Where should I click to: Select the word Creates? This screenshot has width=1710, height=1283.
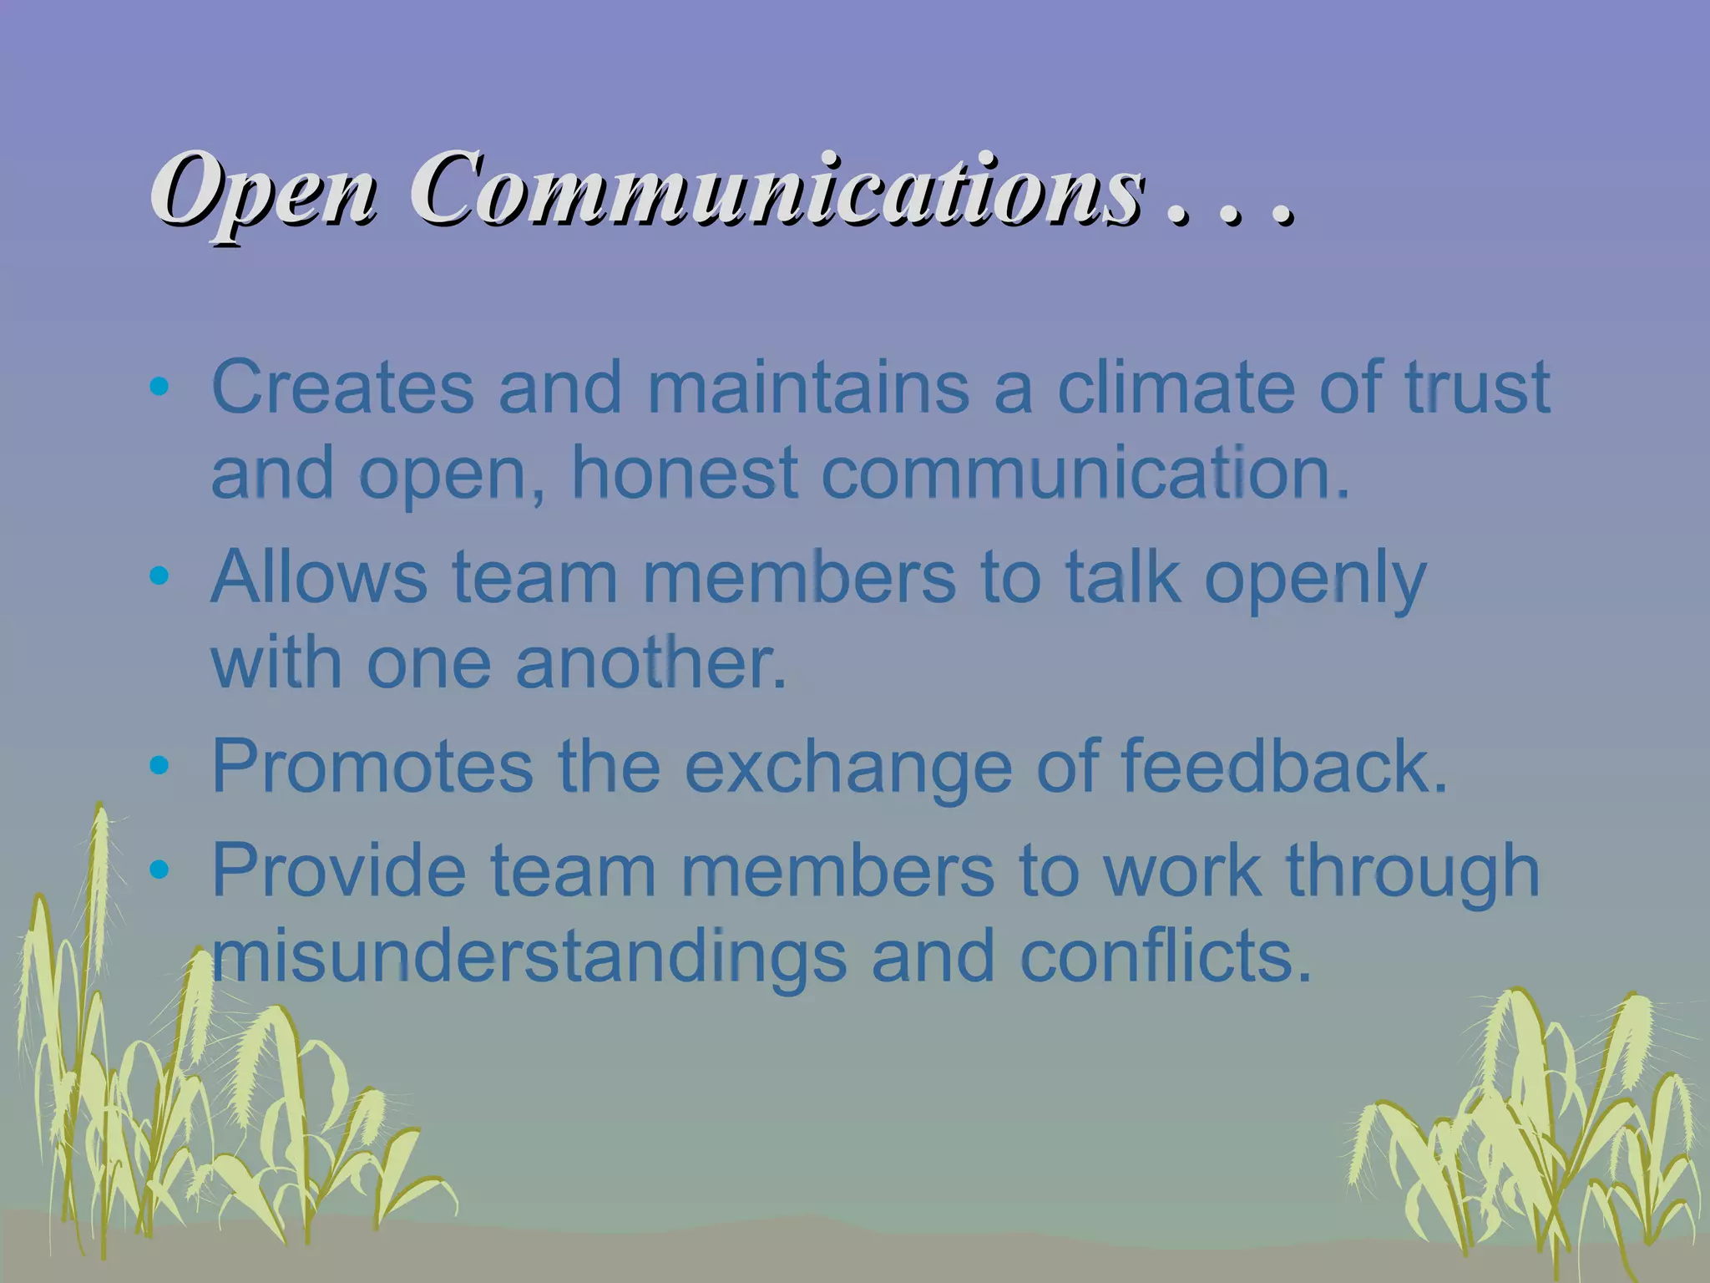pyautogui.click(x=343, y=387)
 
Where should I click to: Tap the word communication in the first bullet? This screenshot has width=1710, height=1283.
pyautogui.click(x=1085, y=474)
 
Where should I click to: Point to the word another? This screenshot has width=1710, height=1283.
pyautogui.click(x=650, y=662)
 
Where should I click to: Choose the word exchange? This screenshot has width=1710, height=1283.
pyautogui.click(x=848, y=768)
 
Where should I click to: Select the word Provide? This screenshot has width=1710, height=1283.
pyautogui.click(x=338, y=870)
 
